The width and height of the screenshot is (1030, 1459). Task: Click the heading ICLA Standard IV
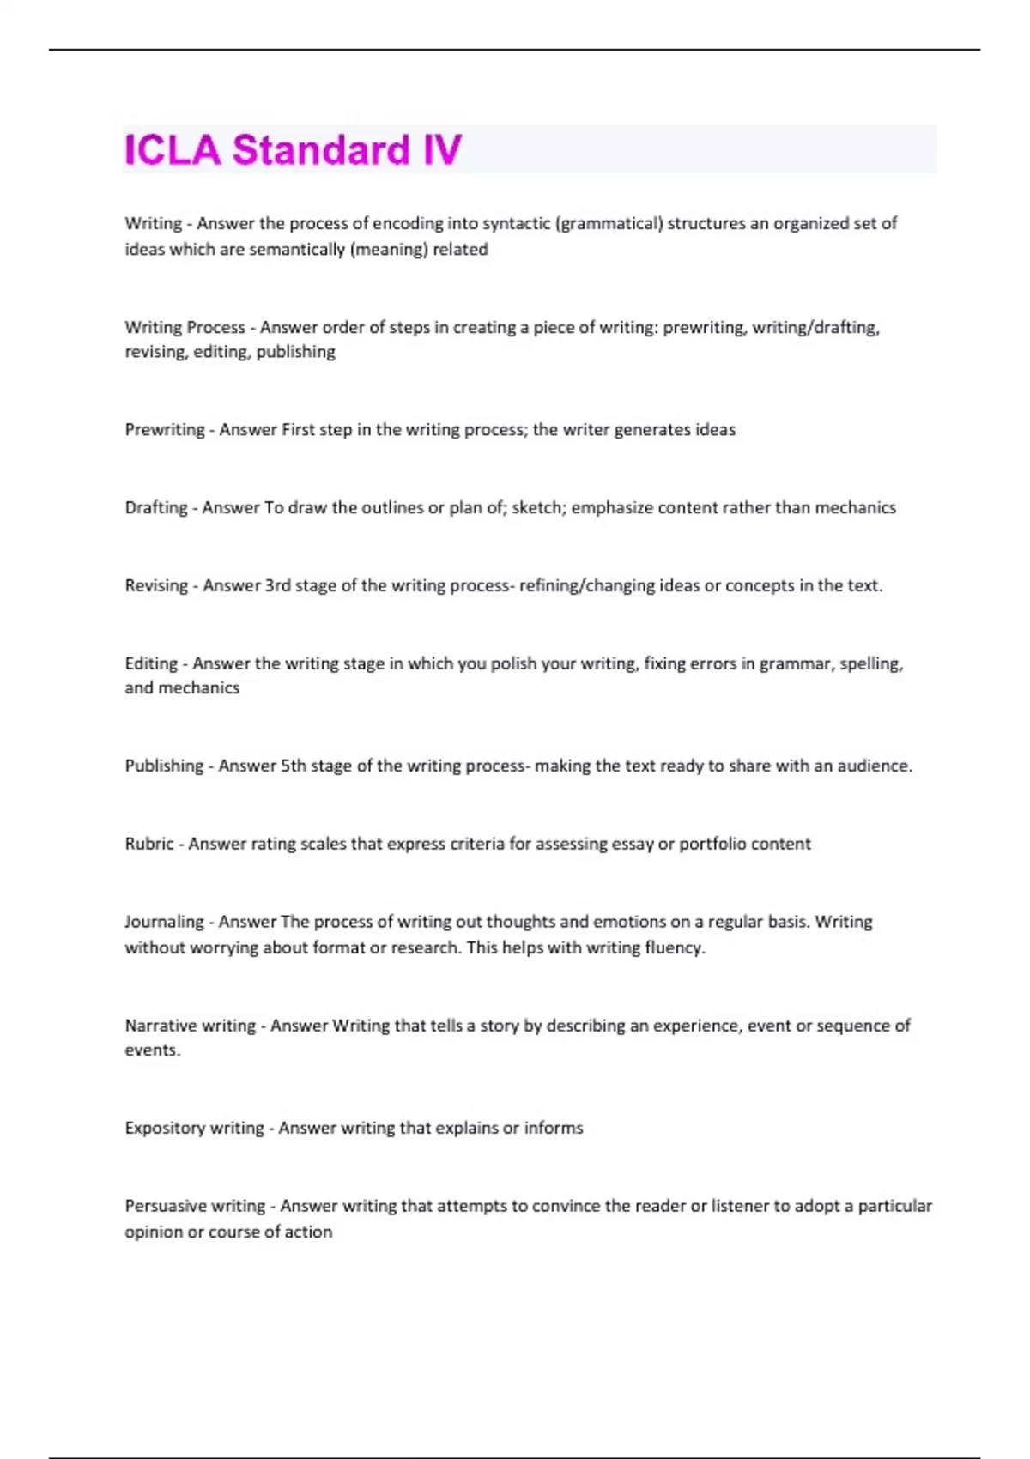(294, 150)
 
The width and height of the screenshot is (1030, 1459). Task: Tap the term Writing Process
(185, 327)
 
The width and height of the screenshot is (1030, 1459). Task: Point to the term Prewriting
(165, 430)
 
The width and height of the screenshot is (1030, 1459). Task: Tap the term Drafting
(156, 508)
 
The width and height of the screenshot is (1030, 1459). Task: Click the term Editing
(151, 663)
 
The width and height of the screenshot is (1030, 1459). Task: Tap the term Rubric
(149, 844)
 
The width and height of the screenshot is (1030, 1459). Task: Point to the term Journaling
(164, 922)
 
